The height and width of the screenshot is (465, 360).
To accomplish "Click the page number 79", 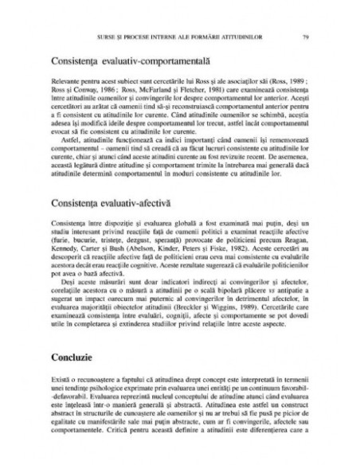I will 306,37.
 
